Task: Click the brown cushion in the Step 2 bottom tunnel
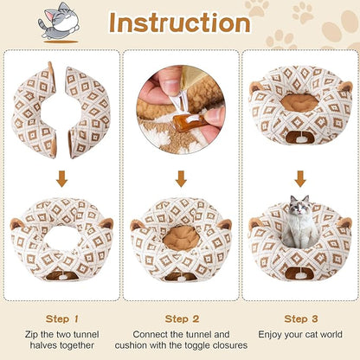180,235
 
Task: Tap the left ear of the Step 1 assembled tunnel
18,223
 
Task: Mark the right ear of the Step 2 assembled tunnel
226,224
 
